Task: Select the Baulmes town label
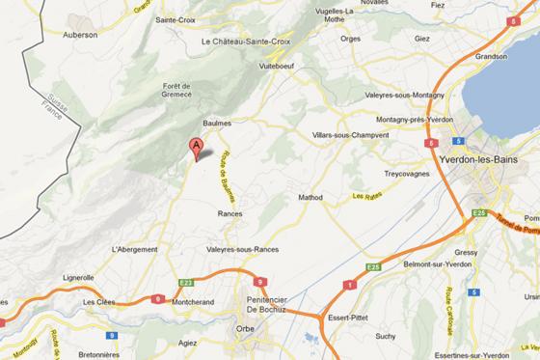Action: (x=219, y=124)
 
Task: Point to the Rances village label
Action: (x=229, y=213)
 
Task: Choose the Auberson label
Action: (x=80, y=34)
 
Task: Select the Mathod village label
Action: (x=310, y=197)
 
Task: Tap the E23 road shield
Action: (x=186, y=283)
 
